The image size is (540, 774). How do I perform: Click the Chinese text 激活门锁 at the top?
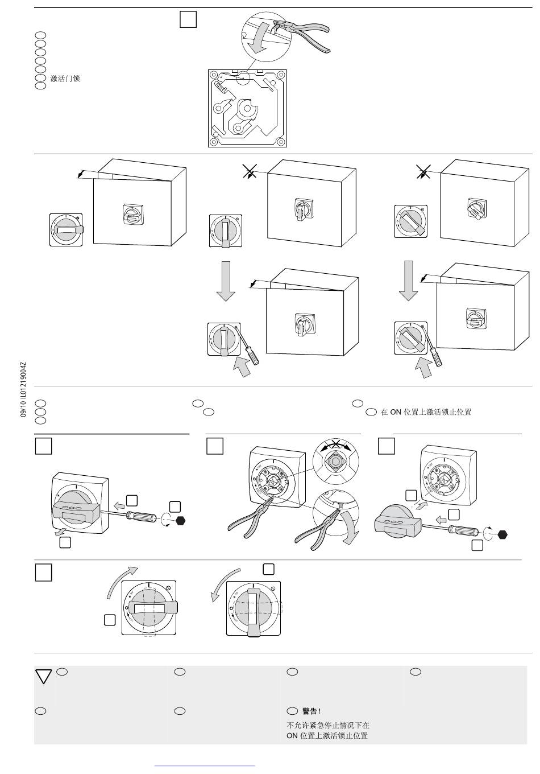(65, 79)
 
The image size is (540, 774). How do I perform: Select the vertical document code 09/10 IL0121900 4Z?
(23, 390)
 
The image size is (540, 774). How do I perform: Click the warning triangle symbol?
(44, 676)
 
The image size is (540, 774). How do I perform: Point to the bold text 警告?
(311, 711)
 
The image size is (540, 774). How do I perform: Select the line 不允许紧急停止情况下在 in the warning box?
(328, 725)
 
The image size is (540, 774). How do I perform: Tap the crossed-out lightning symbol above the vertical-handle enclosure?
(249, 171)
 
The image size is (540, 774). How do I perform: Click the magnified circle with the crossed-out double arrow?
(336, 458)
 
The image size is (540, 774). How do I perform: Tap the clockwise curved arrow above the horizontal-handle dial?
(123, 580)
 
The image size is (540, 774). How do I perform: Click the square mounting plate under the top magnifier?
(247, 108)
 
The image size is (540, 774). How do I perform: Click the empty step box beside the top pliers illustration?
(188, 20)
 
